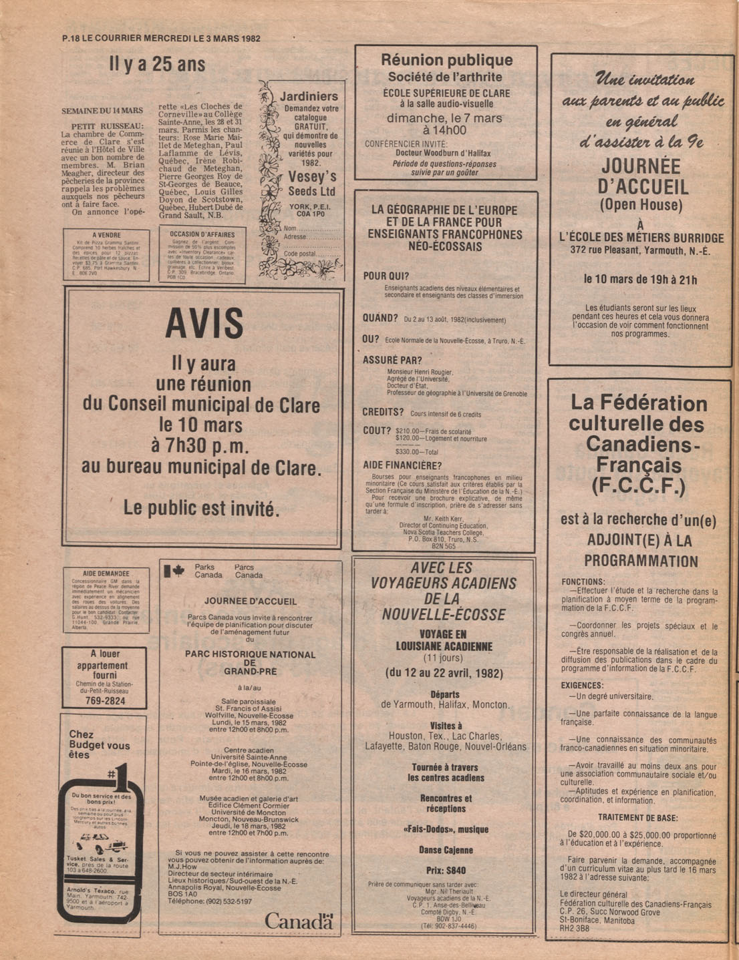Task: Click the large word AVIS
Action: tap(204, 324)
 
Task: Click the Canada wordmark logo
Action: tap(298, 921)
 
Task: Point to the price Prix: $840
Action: tap(446, 871)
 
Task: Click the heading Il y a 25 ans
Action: tap(157, 65)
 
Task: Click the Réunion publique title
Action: tap(446, 60)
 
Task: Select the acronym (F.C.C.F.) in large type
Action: tap(637, 486)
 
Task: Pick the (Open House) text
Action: tap(641, 204)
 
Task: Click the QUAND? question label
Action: tap(380, 319)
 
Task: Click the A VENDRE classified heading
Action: tap(107, 235)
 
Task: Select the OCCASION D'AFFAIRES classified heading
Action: tap(202, 234)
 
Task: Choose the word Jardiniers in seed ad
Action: tap(309, 96)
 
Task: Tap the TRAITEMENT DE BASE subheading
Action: tap(637, 818)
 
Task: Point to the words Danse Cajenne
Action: tap(446, 850)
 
